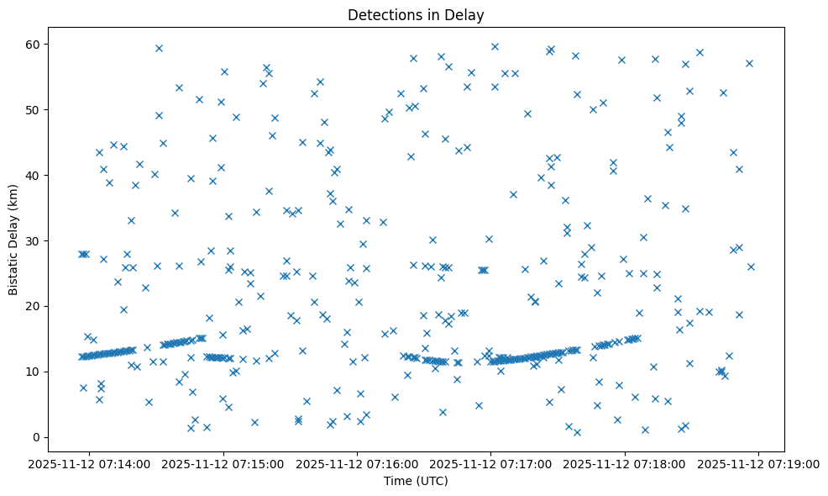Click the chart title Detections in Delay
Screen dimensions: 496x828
417,14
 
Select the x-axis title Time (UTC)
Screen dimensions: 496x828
417,482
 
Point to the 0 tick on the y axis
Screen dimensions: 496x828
37,437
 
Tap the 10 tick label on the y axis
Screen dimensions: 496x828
34,372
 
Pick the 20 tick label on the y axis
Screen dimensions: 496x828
34,306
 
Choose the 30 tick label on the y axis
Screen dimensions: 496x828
34,240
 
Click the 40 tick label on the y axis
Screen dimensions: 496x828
34,175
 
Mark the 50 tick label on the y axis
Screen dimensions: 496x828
34,109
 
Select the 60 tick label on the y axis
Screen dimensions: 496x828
34,44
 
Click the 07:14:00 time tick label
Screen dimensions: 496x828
91,463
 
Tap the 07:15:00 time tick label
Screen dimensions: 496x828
224,463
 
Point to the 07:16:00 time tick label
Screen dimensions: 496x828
358,463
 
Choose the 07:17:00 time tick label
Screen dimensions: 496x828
491,463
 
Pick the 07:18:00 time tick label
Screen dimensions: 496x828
625,463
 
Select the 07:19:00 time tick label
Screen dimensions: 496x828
759,463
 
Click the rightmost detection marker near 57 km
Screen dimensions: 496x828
749,63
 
